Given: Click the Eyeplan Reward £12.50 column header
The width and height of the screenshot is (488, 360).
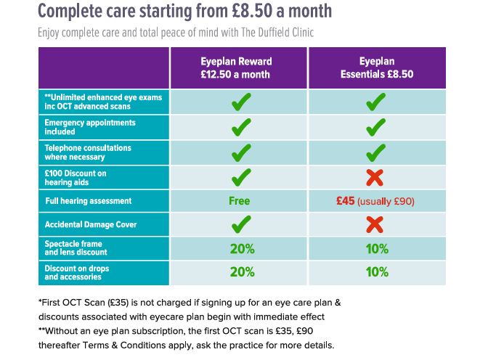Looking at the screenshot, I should click(x=239, y=68).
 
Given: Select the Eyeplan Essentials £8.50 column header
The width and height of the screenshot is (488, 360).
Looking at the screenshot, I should click(x=375, y=68).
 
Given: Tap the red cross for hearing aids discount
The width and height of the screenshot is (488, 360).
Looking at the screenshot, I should click(x=375, y=177).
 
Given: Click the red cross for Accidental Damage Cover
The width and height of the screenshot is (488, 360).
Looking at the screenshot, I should click(x=375, y=225).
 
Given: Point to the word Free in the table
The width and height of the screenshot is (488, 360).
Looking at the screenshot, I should click(x=239, y=201).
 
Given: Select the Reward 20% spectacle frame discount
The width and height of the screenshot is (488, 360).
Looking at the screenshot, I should click(x=242, y=249).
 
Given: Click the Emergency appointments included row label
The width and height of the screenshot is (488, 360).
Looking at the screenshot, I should click(x=79, y=127).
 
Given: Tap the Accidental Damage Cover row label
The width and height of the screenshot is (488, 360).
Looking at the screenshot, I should click(x=91, y=225).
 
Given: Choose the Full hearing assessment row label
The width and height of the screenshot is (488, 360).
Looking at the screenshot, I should click(x=88, y=201).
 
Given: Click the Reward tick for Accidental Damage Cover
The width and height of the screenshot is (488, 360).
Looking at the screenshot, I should click(x=241, y=225).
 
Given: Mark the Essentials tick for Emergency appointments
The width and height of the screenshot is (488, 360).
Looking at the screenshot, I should click(x=375, y=128).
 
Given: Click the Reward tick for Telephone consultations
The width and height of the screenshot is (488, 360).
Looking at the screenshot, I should click(x=241, y=152).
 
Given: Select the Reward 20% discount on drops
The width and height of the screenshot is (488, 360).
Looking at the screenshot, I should click(x=242, y=272).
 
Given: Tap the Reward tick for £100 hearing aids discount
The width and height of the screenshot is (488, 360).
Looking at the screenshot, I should click(x=241, y=176).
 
